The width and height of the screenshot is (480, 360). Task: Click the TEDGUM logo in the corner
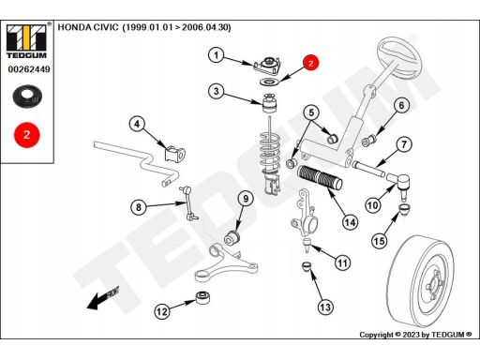26,41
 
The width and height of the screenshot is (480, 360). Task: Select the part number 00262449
29,69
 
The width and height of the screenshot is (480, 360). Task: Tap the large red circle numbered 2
27,135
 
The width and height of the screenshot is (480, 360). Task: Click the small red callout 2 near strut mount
310,63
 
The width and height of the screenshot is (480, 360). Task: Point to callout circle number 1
217,55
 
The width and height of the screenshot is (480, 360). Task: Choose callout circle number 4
137,125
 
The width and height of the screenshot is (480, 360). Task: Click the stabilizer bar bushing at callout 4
175,154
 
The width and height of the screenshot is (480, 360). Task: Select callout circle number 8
139,207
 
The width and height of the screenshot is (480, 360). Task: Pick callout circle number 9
246,199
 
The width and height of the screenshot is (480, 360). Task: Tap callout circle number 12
162,311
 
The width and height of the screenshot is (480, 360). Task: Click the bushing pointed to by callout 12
202,297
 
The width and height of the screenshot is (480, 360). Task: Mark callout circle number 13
325,307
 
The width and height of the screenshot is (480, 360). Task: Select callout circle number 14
350,222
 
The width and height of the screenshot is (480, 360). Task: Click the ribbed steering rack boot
320,177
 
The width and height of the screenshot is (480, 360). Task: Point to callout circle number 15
380,241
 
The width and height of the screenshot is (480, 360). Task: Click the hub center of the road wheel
433,284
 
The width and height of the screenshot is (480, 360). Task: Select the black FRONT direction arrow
103,298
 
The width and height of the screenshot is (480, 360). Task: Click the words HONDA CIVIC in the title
88,27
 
